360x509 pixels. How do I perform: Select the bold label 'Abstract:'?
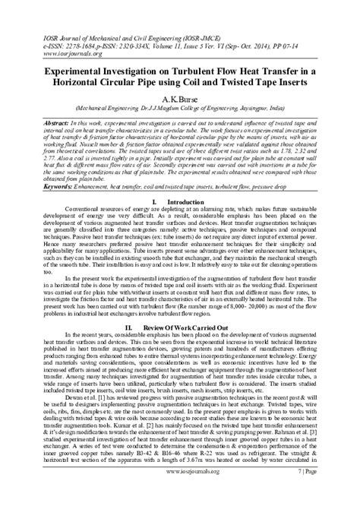tap(41, 122)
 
